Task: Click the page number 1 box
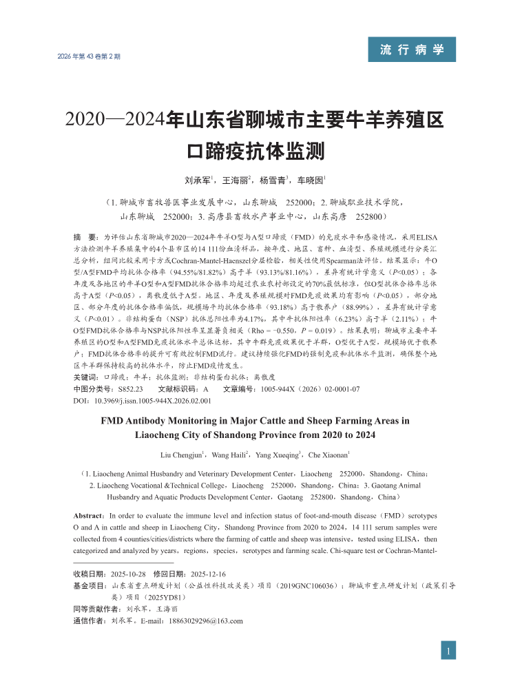tap(449, 651)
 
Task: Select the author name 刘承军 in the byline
tap(198, 180)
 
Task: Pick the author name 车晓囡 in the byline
tap(311, 180)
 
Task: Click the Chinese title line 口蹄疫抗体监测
tap(255, 149)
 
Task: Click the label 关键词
tap(85, 377)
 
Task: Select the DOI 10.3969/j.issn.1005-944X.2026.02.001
tap(151, 400)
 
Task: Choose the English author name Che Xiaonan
tap(327, 455)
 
